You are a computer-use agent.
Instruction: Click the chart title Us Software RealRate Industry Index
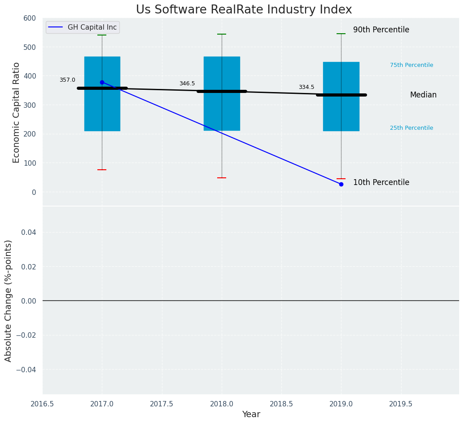click(244, 10)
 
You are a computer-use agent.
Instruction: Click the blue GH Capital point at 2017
click(102, 82)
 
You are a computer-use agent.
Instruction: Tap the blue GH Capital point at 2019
click(341, 184)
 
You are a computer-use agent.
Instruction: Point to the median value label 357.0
click(67, 80)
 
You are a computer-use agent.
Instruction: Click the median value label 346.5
click(187, 84)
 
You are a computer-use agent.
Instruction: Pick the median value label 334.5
click(306, 87)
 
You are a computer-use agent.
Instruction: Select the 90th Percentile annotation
click(381, 30)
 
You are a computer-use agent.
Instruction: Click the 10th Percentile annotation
click(381, 183)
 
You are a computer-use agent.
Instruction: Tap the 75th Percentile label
click(411, 65)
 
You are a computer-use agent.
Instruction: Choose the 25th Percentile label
click(411, 128)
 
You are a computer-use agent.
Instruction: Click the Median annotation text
click(423, 95)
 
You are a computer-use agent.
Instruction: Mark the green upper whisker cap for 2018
click(222, 34)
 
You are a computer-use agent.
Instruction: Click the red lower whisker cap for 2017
click(102, 170)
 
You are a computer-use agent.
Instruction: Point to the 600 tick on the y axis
click(30, 18)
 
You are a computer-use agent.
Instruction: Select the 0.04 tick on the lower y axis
click(28, 232)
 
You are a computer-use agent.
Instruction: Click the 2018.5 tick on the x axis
click(281, 404)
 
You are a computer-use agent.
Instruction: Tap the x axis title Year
click(251, 414)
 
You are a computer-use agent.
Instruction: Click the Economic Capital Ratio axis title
click(17, 112)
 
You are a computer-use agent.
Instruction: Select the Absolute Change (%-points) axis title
click(9, 300)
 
